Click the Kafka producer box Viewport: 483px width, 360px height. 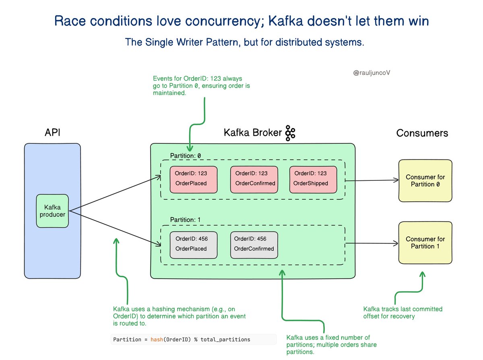tap(52, 211)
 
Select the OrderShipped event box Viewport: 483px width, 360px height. tap(313, 180)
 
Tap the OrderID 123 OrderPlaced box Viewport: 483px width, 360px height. tap(194, 180)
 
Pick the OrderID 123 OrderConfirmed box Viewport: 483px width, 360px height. tap(254, 180)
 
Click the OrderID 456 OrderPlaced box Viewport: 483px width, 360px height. tap(194, 245)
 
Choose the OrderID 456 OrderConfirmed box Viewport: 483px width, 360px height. tap(254, 245)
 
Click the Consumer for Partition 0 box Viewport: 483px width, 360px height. tap(425, 181)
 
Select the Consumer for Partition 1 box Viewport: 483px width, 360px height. tap(425, 242)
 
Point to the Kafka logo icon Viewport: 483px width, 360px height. tap(290, 133)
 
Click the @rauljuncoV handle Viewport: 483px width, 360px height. tap(372, 73)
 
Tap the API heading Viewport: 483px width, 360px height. tap(52, 132)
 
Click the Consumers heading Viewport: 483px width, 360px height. tap(422, 133)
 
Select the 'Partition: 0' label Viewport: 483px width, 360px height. tap(185, 155)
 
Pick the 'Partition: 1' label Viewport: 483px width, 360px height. tap(185, 219)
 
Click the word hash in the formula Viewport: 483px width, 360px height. tap(157, 339)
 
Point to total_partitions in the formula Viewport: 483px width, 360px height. tap(225, 339)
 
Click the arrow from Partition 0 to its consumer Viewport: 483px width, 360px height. tap(372, 180)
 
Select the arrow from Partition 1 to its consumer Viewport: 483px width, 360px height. tap(372, 243)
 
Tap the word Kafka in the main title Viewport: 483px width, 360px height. tap(285, 21)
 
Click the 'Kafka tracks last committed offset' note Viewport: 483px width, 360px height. tap(402, 312)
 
